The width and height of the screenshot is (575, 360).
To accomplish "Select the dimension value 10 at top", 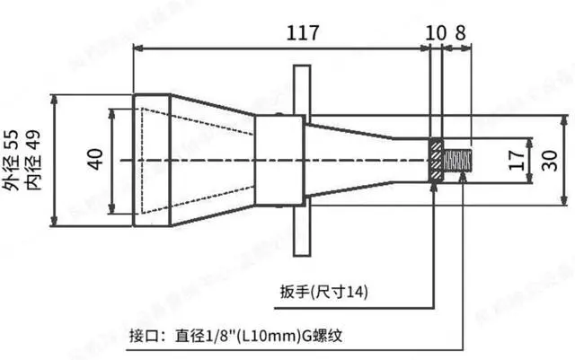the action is pos(436,32).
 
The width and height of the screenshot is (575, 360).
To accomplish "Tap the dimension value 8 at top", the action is pos(461,32).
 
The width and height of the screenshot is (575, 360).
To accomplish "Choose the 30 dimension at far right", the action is pos(548,160).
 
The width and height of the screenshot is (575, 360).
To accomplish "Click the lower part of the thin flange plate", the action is pos(300,229).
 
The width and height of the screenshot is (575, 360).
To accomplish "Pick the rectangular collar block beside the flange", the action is pos(279,161).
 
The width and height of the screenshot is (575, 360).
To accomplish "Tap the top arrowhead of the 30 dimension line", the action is pos(565,119).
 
